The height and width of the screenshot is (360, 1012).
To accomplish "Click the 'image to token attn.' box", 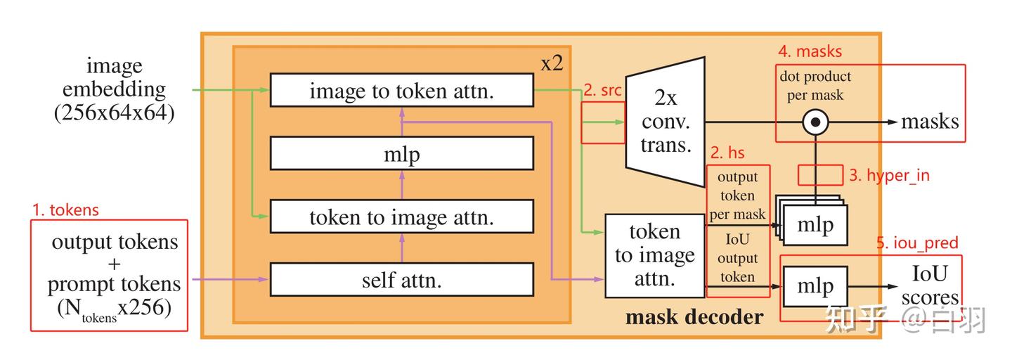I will point(401,90).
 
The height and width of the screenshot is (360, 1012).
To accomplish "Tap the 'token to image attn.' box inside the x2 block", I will point(401,217).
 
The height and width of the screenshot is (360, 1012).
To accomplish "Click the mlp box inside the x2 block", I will point(401,153).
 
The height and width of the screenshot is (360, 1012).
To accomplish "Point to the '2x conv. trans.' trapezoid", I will point(665,122).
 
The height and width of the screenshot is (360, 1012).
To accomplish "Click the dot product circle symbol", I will point(815,122).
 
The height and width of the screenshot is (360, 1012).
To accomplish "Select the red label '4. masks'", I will point(810,52).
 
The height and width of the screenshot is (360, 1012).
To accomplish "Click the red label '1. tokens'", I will point(66,210).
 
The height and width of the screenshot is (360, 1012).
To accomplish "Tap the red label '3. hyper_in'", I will point(889,175).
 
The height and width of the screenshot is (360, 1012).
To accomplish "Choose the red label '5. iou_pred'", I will point(917,243).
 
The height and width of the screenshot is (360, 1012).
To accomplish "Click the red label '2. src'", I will point(602,91).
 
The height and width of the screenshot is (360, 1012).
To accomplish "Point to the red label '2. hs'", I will point(727,153).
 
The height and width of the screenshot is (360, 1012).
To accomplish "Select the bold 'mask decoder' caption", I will point(694,317).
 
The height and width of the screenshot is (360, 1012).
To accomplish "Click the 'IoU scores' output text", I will point(929,285).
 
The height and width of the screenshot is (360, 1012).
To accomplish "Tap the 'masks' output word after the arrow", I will point(930,122).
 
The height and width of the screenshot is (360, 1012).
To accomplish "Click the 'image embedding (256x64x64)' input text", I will point(114,89).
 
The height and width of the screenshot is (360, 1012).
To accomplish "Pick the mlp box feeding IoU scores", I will point(815,286).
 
